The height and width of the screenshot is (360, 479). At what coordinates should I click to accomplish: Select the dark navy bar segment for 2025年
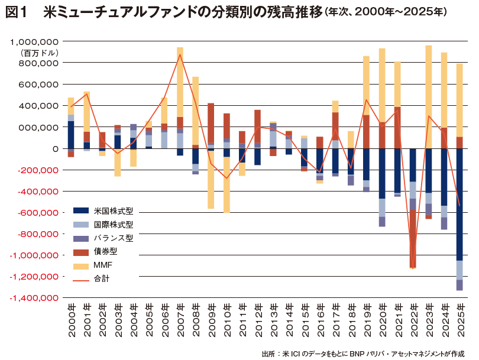(x=459, y=204)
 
